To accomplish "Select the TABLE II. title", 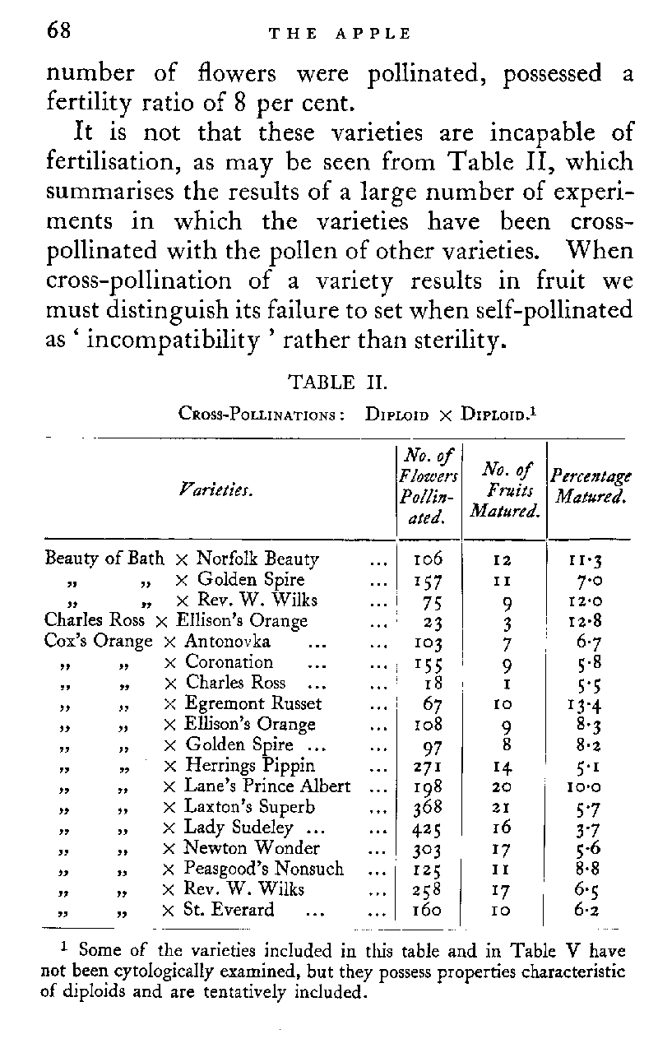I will point(334,383).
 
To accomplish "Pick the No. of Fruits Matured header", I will point(506,490).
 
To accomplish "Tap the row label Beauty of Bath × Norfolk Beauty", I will point(181,559).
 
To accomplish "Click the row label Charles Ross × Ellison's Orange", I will point(175,620).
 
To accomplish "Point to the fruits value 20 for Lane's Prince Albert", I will point(506,786).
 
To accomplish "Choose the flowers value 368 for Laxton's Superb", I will point(428,807).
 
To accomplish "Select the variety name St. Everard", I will point(229,910).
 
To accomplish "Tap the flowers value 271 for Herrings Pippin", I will point(428,766).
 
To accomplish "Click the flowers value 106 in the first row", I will point(428,559).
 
